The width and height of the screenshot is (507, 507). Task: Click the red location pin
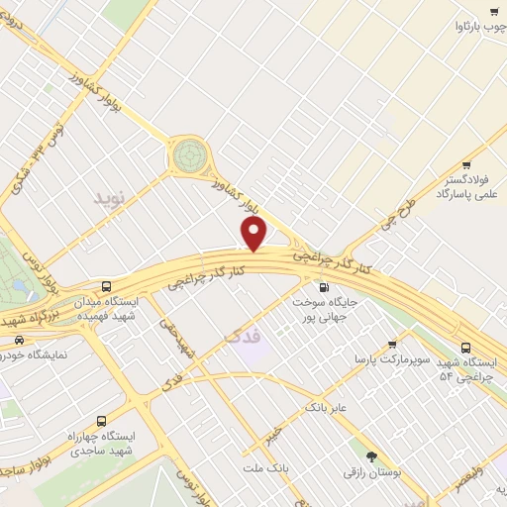pos(254,234)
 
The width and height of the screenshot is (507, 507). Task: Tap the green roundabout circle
pos(189,154)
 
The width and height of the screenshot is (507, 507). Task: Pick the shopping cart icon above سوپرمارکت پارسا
pos(392,344)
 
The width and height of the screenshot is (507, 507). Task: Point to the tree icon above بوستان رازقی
pos(371,456)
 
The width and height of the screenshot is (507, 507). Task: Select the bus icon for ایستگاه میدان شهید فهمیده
pos(121,285)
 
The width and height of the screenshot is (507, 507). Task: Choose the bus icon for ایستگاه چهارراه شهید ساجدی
pos(101,420)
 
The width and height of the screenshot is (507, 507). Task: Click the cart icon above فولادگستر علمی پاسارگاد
pos(466,165)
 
